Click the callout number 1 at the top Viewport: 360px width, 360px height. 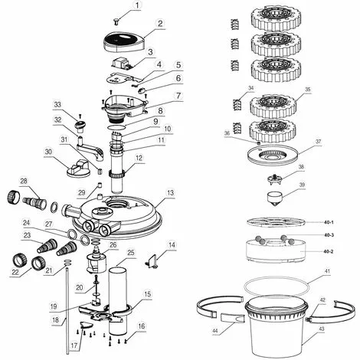point(138,5)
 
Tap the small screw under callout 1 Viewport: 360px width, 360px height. point(116,22)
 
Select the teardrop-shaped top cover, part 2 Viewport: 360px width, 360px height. point(124,42)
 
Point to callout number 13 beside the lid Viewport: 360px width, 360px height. point(171,193)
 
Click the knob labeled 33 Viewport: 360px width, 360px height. point(80,126)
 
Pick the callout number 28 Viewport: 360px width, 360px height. point(24,182)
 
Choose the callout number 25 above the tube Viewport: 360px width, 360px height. point(131,253)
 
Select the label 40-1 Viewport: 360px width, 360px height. point(329,222)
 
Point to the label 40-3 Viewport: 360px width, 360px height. point(329,235)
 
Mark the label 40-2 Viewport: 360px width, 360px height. point(329,251)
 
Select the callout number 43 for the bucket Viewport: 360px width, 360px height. point(322,329)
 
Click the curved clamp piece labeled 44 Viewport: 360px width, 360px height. point(232,318)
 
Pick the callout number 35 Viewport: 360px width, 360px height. point(308,90)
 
